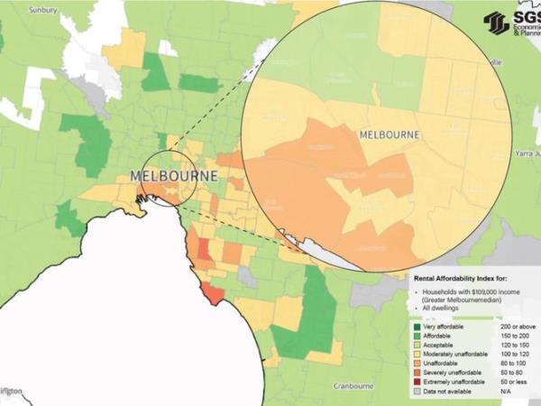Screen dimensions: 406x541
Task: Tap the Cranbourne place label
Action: coord(353,385)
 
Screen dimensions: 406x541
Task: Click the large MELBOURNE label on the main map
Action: coord(174,176)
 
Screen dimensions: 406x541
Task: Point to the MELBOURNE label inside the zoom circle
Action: coord(390,134)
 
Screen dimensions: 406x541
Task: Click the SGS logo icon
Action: coord(496,23)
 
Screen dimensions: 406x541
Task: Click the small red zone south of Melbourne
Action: coord(212,291)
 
